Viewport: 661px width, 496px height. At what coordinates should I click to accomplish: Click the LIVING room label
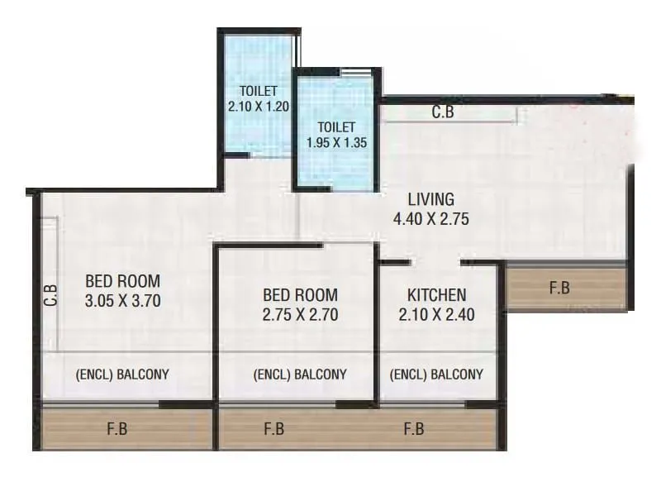[x=430, y=199]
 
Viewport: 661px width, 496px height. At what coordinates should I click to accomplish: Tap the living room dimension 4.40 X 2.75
[x=430, y=219]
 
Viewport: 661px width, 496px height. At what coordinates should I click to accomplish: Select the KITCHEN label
[x=436, y=295]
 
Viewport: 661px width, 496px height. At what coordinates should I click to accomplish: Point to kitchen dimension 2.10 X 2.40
[x=436, y=314]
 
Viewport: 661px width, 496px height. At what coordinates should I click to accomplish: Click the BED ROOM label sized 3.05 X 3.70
[x=122, y=280]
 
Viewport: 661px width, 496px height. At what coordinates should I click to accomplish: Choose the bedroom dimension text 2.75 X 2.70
[x=299, y=314]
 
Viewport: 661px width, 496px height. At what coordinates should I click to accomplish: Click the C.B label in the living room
[x=444, y=113]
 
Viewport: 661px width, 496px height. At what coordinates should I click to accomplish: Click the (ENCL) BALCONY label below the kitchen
[x=436, y=374]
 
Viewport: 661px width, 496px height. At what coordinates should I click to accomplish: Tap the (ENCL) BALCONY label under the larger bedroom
[x=122, y=374]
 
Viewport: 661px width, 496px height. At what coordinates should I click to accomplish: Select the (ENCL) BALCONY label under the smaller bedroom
[x=300, y=374]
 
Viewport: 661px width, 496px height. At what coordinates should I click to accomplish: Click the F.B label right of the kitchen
[x=559, y=289]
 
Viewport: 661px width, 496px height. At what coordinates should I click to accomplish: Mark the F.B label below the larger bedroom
[x=117, y=429]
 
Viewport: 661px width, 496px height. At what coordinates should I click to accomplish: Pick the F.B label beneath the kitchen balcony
[x=414, y=429]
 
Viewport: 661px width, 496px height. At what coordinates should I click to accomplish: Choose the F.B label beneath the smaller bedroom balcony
[x=274, y=429]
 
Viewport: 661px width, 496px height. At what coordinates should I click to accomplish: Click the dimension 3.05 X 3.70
[x=122, y=301]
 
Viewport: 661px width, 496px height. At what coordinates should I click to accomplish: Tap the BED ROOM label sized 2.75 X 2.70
[x=299, y=295]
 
